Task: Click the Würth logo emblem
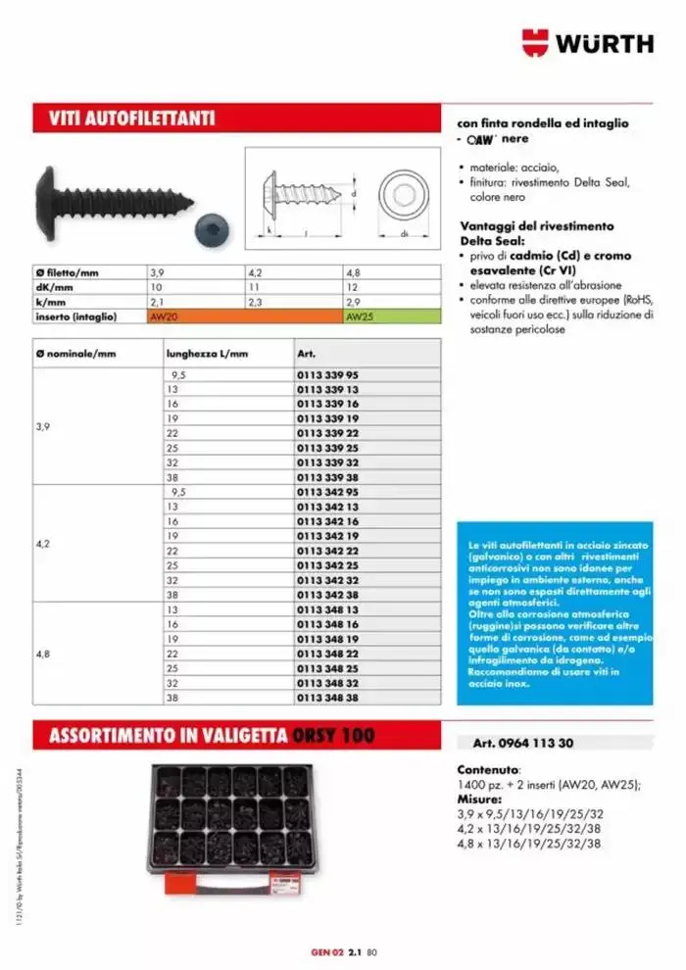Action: (x=536, y=42)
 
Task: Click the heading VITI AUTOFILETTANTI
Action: (x=132, y=120)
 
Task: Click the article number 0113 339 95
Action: (x=327, y=375)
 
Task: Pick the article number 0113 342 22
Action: (x=327, y=552)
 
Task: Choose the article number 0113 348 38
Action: (x=327, y=698)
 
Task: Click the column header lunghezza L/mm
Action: (x=208, y=353)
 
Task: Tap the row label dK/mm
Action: (x=59, y=288)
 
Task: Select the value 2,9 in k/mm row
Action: (x=355, y=303)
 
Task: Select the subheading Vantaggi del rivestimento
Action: (x=537, y=226)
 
